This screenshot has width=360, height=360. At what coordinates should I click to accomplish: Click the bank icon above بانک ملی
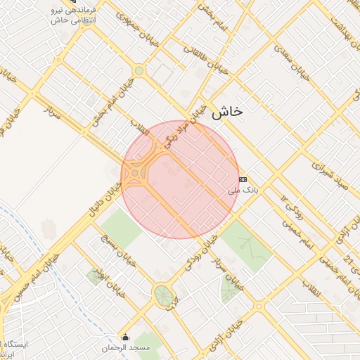click(243, 179)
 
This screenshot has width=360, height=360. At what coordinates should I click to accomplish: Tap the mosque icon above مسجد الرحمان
click(126, 337)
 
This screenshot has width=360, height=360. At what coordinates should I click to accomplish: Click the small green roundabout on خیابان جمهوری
click(139, 70)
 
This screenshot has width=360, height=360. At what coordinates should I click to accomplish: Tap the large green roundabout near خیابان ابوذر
click(163, 293)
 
